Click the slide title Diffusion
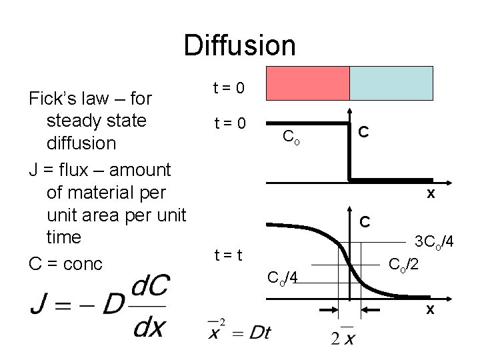(239, 45)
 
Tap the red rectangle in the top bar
(307, 83)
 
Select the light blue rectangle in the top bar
(391, 83)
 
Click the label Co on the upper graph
(291, 137)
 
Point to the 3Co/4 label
(435, 241)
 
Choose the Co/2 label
(405, 265)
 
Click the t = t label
(227, 254)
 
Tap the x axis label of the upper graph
(431, 194)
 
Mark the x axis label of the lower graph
(431, 309)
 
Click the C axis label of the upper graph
(364, 132)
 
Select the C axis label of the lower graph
(364, 220)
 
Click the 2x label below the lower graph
(342, 337)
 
